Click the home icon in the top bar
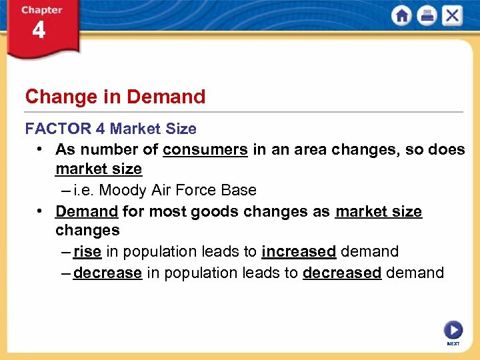[x=402, y=16]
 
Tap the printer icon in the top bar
[x=427, y=16]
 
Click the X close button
[x=451, y=16]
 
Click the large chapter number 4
[x=39, y=31]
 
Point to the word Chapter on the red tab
[x=41, y=10]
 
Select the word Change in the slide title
[x=52, y=97]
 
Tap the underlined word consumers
[x=205, y=149]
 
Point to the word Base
[x=239, y=190]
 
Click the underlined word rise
[x=87, y=251]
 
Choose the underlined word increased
[x=299, y=251]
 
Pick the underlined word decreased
[x=342, y=273]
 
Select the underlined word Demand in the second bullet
[x=87, y=211]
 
